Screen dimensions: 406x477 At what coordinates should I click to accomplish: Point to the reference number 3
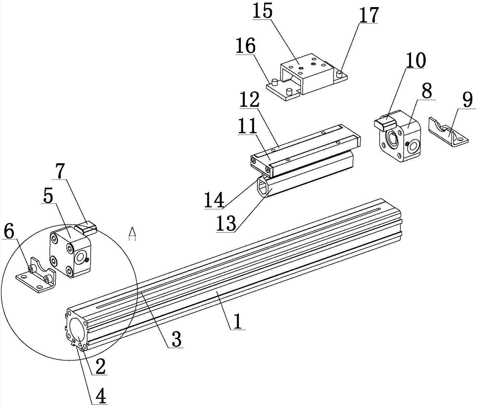click(176, 338)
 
